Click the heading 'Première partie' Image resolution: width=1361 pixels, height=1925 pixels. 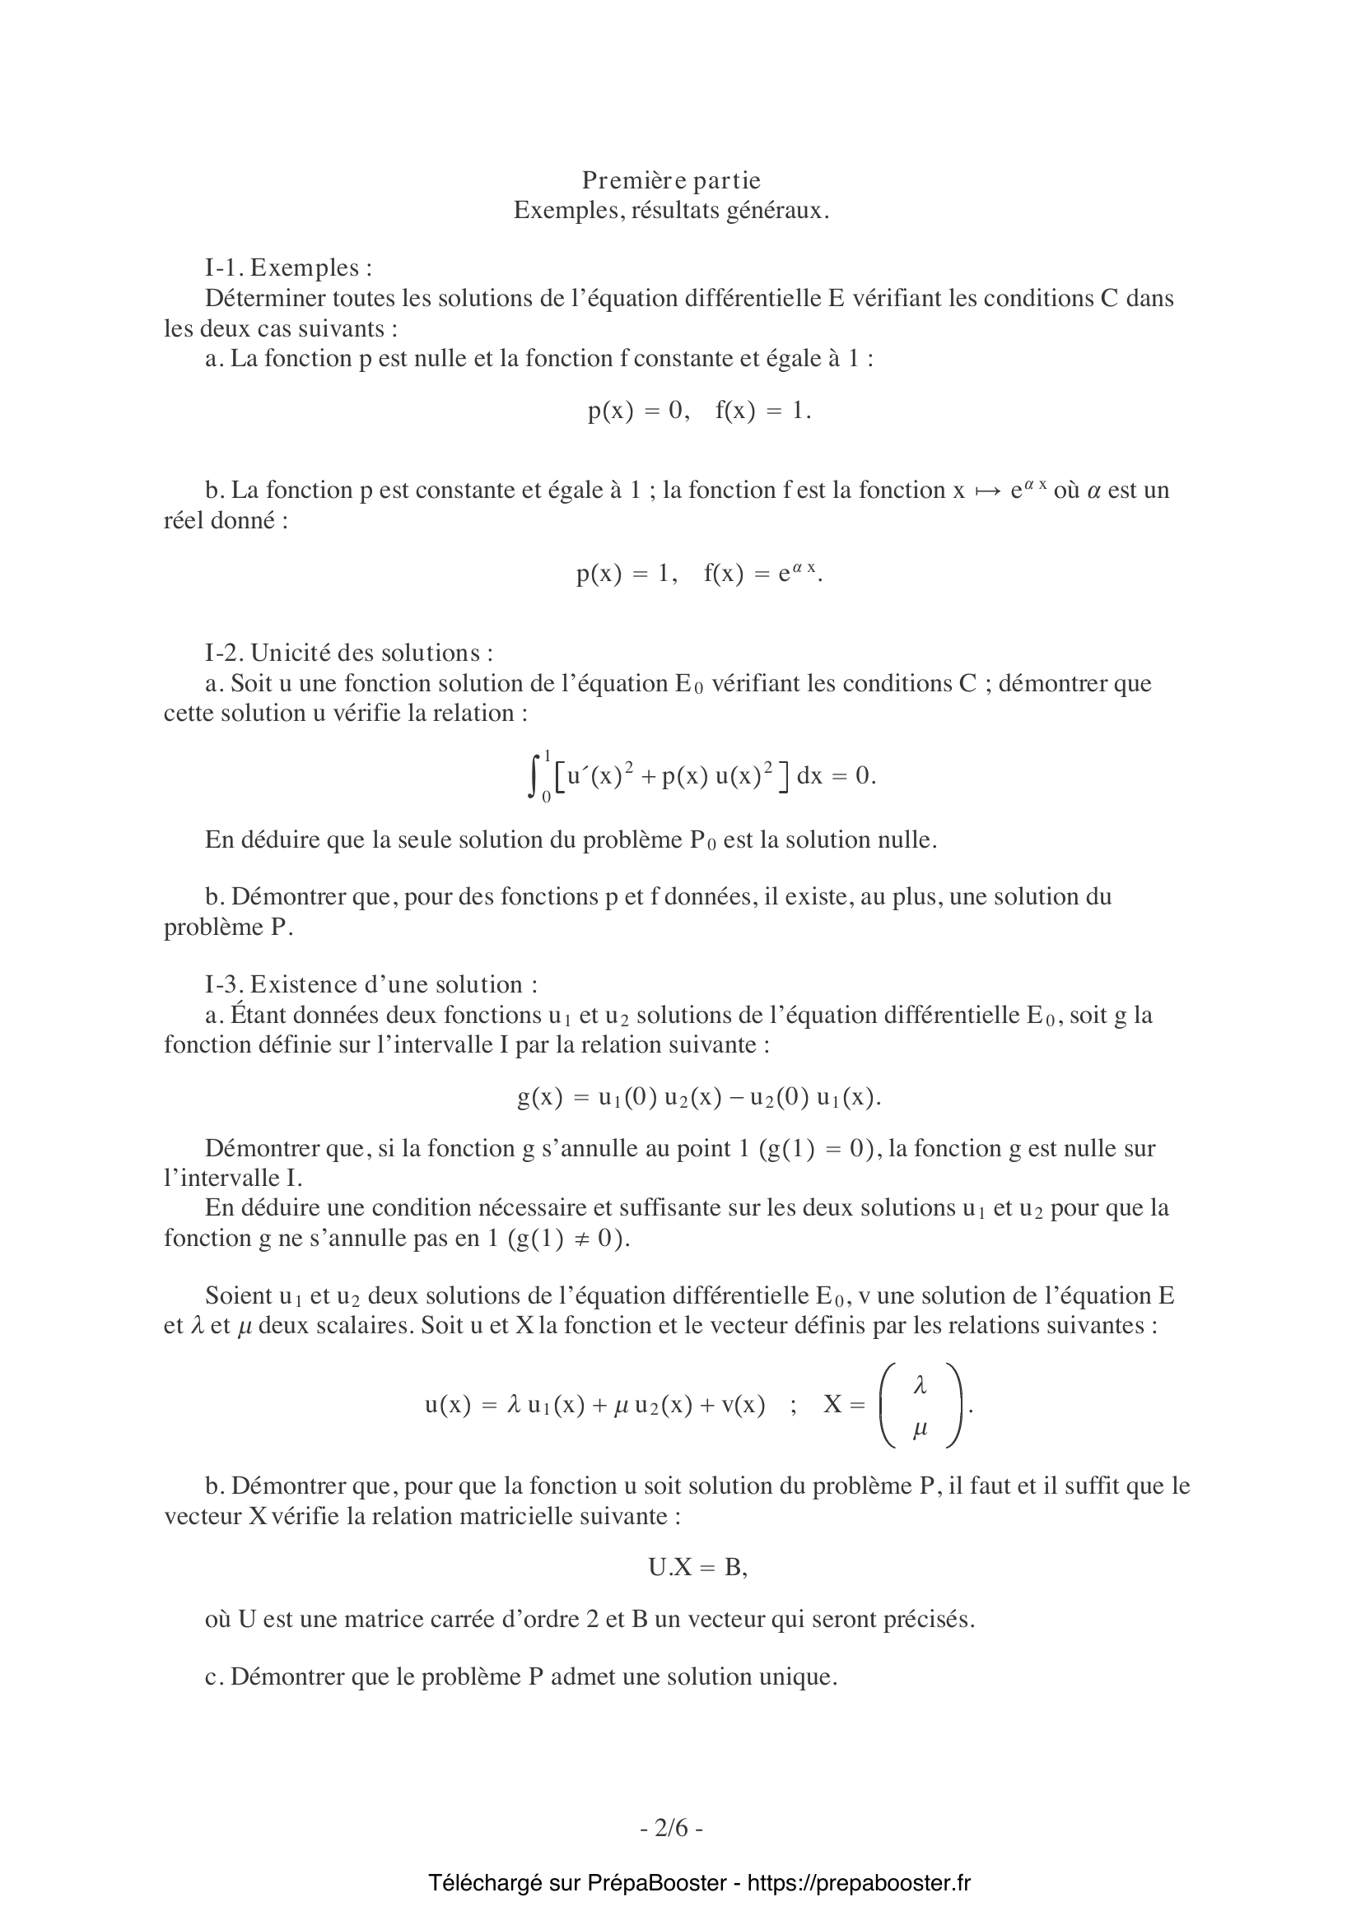pos(672,180)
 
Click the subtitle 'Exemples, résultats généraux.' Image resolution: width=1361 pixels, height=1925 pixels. pos(672,211)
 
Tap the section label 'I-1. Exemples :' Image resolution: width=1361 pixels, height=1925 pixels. pos(288,267)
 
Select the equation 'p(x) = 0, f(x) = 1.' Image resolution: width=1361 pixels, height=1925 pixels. pos(699,410)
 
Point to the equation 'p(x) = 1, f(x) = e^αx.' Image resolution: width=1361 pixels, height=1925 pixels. pos(699,574)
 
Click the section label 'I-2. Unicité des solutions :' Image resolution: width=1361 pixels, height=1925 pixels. pos(349,653)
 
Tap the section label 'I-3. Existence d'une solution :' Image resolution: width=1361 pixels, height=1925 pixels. pos(371,984)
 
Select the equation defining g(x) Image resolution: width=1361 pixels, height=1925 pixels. pos(699,1098)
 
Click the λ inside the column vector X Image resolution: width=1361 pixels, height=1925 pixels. pos(920,1386)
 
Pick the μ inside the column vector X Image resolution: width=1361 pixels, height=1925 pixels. pos(920,1430)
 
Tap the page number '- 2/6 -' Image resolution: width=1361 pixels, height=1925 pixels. pos(672,1828)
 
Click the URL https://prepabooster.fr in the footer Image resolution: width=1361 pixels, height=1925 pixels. pos(859,1883)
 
